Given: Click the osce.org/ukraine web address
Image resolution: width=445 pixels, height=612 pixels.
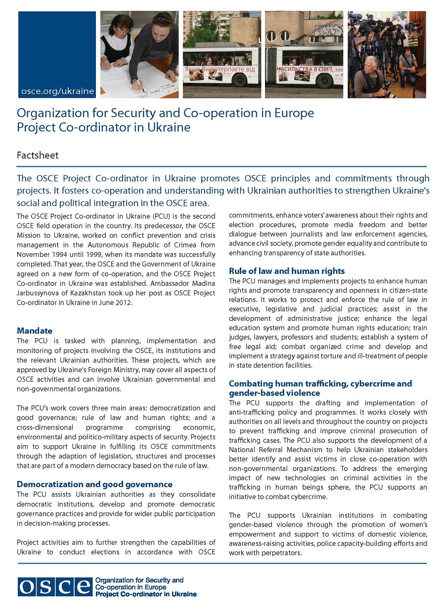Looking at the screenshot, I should tap(57, 91).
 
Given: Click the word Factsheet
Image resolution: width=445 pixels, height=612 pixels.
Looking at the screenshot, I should tap(38, 155).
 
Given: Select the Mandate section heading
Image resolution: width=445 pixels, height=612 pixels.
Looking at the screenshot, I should tap(35, 331).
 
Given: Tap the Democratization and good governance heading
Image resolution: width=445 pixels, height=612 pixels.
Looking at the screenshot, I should tap(94, 484).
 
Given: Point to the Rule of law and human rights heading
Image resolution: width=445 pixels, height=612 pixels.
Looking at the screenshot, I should tap(287, 271).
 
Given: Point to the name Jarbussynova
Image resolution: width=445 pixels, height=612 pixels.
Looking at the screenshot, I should tap(40, 293).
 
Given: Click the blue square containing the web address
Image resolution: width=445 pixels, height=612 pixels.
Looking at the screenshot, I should tap(57, 54).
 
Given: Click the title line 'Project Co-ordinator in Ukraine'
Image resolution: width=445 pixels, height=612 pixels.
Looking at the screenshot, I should tap(103, 127).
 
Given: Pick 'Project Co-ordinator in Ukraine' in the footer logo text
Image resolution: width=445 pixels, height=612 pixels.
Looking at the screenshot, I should tap(145, 594).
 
